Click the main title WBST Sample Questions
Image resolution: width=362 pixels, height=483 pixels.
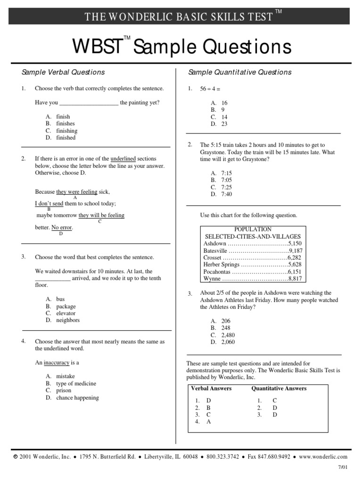click(181, 47)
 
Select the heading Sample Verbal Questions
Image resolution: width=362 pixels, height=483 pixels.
click(63, 72)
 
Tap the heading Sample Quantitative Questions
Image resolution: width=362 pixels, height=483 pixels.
click(239, 72)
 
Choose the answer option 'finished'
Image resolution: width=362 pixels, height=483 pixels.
click(66, 138)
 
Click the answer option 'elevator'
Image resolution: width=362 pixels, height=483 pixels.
click(66, 313)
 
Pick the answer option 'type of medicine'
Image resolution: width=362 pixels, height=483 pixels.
click(76, 383)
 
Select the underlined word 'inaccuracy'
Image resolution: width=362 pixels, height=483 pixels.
click(57, 363)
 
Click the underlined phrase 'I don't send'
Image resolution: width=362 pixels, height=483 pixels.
click(49, 203)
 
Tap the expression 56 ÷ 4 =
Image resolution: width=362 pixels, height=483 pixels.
click(210, 89)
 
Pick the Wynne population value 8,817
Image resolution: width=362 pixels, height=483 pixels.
click(295, 279)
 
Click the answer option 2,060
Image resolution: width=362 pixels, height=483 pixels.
click(228, 342)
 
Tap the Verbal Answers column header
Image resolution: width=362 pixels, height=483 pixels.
click(211, 388)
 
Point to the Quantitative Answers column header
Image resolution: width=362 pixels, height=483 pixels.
click(279, 388)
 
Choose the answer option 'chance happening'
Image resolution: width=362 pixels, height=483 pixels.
click(77, 398)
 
